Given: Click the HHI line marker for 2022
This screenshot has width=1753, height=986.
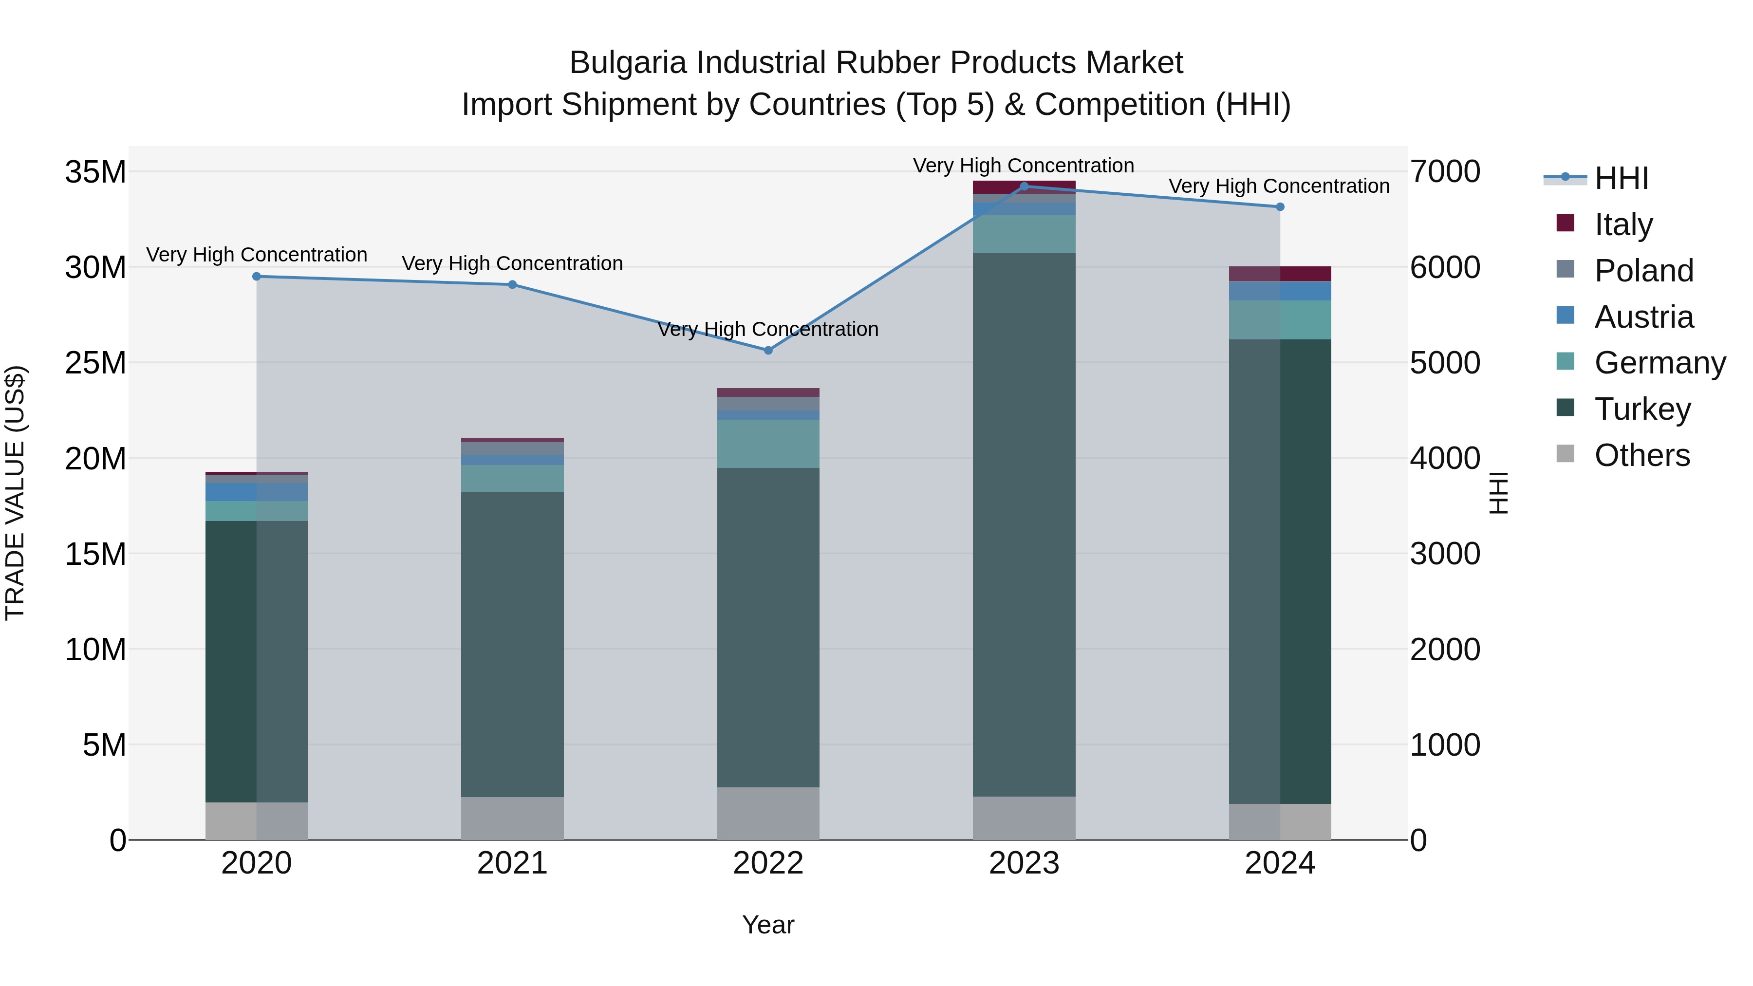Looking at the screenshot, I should point(768,351).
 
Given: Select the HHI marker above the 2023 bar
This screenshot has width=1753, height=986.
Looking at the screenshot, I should point(1024,186).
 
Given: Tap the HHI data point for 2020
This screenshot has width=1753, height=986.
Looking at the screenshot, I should point(257,276).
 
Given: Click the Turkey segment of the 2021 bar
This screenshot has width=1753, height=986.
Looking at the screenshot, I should point(512,644).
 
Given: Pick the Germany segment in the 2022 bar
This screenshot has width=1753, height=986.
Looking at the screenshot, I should point(768,444).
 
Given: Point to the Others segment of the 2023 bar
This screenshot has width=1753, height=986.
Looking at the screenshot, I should point(1024,818).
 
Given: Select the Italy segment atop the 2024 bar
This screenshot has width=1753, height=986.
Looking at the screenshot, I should point(1280,274).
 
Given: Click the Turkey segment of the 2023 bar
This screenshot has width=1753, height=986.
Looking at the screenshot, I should point(1024,524).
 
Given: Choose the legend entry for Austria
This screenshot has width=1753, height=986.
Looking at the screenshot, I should point(1643,317).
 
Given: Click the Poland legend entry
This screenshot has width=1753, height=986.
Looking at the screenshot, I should point(1643,271).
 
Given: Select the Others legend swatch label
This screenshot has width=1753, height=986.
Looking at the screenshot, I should point(1641,455).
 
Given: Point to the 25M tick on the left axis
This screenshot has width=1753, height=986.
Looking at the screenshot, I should point(95,363).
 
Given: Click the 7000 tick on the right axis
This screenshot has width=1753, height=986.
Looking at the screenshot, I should point(1445,171).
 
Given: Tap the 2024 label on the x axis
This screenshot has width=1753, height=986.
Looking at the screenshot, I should point(1280,863).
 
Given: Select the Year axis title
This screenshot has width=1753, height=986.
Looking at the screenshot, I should point(768,925).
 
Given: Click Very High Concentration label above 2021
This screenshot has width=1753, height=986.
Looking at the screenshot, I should point(512,263).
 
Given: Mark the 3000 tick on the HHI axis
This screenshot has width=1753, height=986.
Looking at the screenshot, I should point(1445,554).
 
